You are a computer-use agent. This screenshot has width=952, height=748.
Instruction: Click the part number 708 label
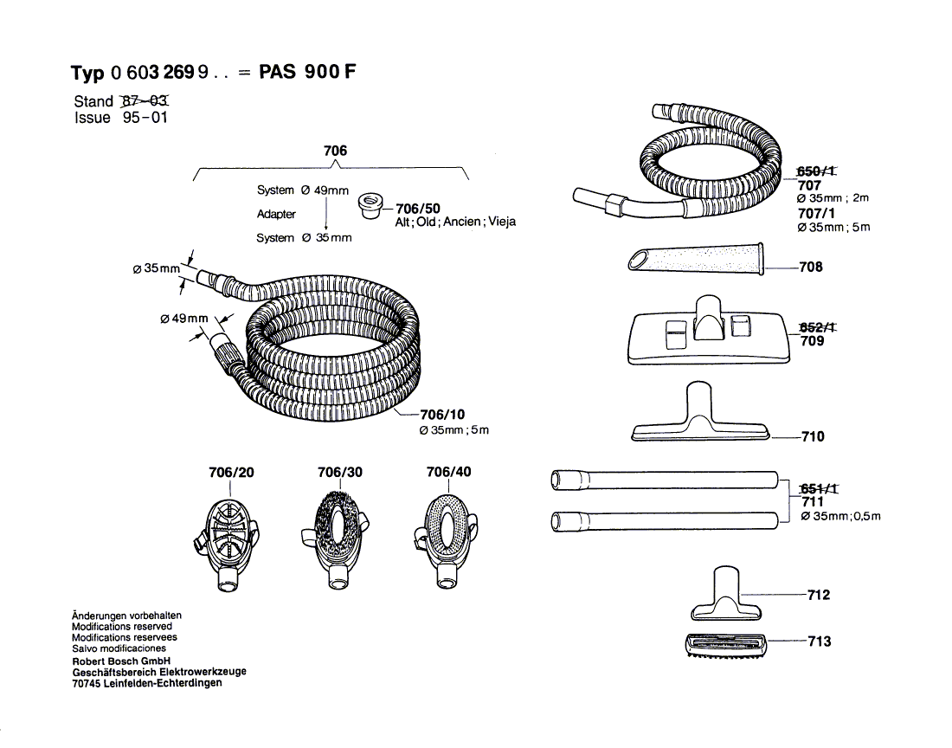pyautogui.click(x=811, y=267)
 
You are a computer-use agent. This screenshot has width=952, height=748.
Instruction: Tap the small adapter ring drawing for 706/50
pyautogui.click(x=370, y=206)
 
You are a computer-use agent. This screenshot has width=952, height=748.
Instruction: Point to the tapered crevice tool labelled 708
pyautogui.click(x=696, y=259)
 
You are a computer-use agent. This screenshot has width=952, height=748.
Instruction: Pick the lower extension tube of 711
pyautogui.click(x=666, y=521)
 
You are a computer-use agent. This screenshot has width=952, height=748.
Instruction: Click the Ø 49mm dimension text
pyautogui.click(x=184, y=319)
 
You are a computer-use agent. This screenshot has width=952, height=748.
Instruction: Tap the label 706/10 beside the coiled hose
pyautogui.click(x=443, y=414)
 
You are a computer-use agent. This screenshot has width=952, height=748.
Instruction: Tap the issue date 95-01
pyautogui.click(x=145, y=119)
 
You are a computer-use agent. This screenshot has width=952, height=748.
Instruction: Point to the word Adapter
pyautogui.click(x=276, y=214)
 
